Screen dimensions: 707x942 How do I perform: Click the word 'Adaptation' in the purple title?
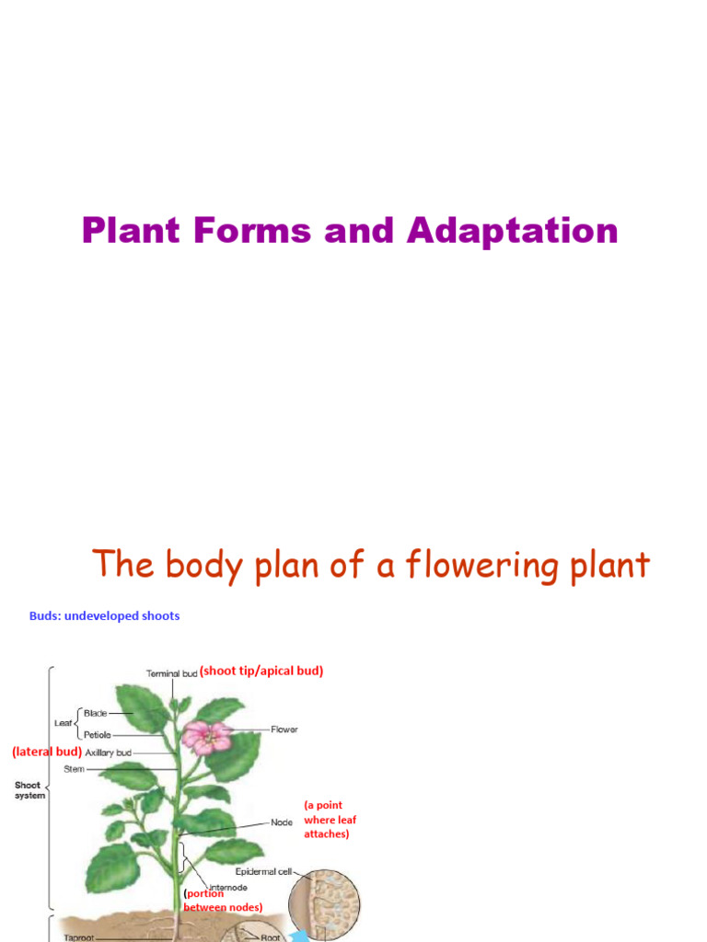coord(513,230)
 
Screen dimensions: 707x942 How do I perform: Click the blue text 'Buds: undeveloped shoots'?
coord(104,616)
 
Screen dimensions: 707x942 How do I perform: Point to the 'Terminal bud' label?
coord(171,673)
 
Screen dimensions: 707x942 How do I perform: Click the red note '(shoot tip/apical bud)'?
coord(261,672)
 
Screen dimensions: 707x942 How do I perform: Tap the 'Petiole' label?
coord(98,735)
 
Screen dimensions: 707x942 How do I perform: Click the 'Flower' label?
coord(284,729)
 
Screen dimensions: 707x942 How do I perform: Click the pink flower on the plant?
coord(207,737)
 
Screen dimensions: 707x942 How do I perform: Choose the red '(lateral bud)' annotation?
coord(47,752)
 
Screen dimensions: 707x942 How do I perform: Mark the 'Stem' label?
coord(74,769)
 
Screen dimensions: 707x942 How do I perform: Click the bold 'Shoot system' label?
coord(28,790)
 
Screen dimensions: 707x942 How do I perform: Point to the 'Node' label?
coord(282,822)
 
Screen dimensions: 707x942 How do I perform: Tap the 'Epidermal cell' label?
coord(263,871)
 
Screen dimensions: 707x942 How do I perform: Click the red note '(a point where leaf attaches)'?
coord(330,820)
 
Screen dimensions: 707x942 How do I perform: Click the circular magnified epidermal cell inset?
coord(324,905)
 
